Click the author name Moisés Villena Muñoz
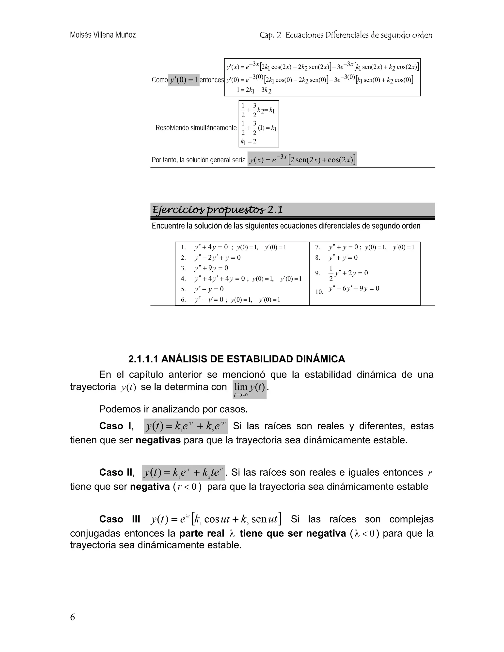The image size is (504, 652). (103, 35)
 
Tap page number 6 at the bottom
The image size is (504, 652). (73, 617)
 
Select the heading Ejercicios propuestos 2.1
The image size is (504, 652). (217, 210)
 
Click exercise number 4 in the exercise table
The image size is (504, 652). (183, 279)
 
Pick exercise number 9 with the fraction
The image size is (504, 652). (318, 273)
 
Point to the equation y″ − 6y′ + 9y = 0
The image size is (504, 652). (354, 289)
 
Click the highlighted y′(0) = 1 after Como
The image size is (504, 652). (184, 80)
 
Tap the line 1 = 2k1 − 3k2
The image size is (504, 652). (254, 90)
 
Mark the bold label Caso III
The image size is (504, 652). (119, 519)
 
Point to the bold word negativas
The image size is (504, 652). (158, 440)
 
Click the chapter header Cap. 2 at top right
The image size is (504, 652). (270, 35)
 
